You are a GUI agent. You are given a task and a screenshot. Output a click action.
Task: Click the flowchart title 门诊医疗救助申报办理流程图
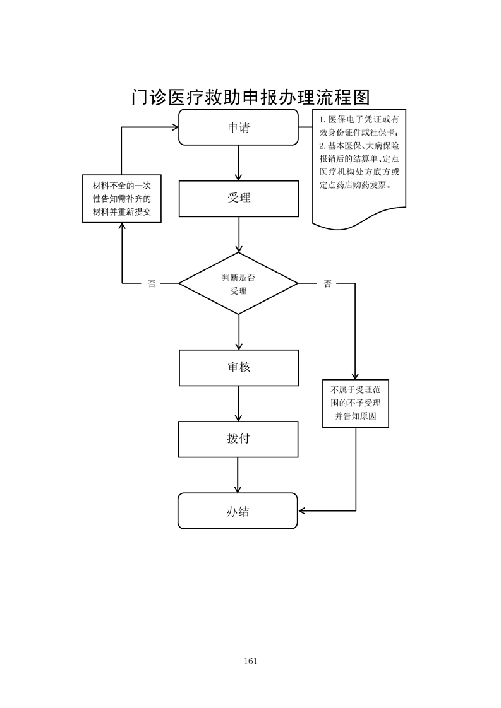[x=250, y=97]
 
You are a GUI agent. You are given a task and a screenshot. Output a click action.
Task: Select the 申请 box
[x=238, y=127]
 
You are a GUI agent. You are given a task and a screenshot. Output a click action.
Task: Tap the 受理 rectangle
[x=238, y=198]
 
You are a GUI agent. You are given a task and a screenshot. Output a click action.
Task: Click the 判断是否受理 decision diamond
[x=238, y=284]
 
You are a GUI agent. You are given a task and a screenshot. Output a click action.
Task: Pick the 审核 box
[x=239, y=367]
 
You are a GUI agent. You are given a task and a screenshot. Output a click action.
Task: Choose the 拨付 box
[x=238, y=439]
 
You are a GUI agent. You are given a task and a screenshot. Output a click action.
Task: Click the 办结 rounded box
[x=238, y=510]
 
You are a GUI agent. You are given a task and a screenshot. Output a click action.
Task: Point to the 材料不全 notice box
[x=122, y=199]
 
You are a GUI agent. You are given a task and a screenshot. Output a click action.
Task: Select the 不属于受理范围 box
[x=355, y=404]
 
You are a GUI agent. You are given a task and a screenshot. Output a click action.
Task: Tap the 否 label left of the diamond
[x=152, y=284]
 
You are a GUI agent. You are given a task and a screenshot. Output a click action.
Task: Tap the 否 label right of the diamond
[x=327, y=284]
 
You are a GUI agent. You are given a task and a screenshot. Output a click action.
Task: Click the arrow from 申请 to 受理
[x=239, y=163]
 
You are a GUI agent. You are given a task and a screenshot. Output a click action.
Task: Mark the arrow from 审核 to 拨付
[x=239, y=404]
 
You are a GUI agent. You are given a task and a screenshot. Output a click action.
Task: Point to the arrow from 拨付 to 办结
[x=238, y=475]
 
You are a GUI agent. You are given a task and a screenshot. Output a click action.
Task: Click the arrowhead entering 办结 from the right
[x=303, y=510]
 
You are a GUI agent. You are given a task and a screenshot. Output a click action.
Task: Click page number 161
[x=250, y=661]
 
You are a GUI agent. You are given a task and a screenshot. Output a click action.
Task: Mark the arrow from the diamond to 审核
[x=239, y=332]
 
